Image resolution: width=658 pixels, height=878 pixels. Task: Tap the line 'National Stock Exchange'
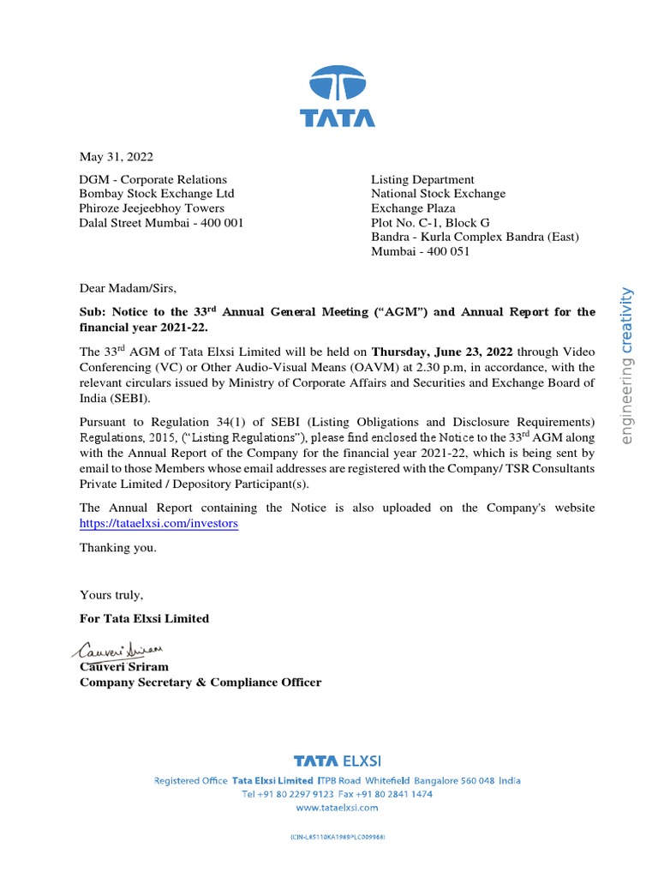tap(438, 194)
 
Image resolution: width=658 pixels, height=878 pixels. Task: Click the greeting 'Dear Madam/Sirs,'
tap(127, 288)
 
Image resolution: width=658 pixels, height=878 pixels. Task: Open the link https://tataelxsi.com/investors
tap(159, 523)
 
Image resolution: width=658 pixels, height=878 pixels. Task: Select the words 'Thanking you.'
tap(118, 548)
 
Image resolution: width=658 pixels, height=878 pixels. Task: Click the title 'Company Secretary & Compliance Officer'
tap(200, 683)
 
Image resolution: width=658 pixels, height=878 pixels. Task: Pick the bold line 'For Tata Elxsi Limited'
tap(144, 618)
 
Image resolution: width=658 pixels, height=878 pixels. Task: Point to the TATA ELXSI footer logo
tap(337, 761)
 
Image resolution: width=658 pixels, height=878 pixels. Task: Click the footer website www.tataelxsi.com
tap(337, 808)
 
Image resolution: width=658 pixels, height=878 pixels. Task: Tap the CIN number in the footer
tap(337, 836)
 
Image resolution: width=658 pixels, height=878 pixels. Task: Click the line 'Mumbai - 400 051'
tap(420, 252)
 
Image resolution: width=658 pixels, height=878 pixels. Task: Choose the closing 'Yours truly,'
tap(111, 595)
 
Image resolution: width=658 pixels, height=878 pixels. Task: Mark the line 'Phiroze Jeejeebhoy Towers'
tap(152, 208)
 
